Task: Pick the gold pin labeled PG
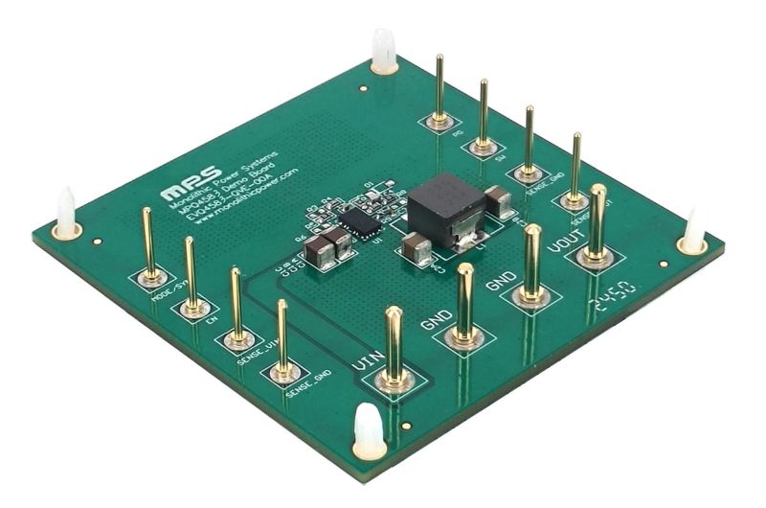click(x=439, y=92)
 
